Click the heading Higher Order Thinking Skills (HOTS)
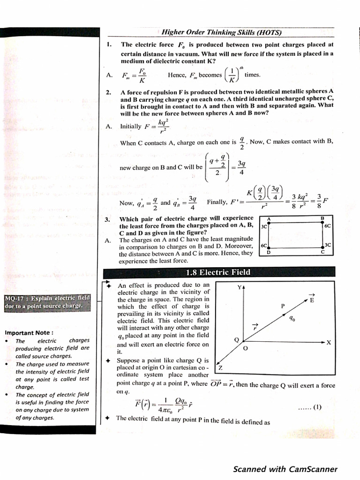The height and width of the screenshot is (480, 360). (221, 32)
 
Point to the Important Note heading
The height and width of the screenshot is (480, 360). (29, 333)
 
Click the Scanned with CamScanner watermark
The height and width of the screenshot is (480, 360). (285, 469)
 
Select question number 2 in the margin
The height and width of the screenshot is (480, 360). (108, 92)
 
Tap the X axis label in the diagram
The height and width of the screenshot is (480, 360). (329, 343)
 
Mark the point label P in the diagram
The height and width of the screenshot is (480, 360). (283, 306)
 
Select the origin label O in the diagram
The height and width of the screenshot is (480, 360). (245, 349)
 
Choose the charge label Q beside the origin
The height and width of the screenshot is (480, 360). (236, 339)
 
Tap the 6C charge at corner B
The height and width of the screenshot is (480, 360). (328, 225)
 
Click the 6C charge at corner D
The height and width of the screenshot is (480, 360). (264, 245)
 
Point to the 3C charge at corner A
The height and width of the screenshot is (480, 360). (264, 226)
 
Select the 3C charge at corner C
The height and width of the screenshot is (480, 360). (328, 245)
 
